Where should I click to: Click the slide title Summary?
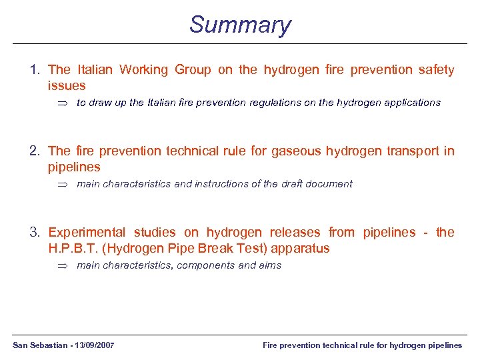click(x=240, y=25)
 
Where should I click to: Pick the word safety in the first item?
click(x=436, y=69)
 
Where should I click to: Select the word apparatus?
click(x=300, y=249)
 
